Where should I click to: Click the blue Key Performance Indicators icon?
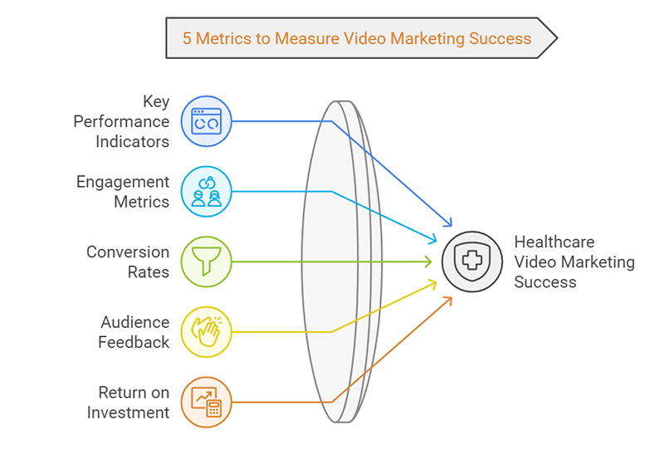[x=206, y=121]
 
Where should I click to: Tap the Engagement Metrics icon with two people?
[x=206, y=192]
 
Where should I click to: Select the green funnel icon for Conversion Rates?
[x=206, y=261]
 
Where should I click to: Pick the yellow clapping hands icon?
[x=206, y=332]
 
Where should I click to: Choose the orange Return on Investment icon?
[x=206, y=402]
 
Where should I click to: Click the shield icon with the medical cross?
[x=471, y=261]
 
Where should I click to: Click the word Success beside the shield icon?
[x=544, y=282]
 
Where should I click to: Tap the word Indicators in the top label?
[x=132, y=141]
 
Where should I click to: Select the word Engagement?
[x=122, y=182]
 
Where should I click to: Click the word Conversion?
[x=127, y=252]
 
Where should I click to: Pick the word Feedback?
[x=134, y=342]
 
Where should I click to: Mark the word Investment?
[x=128, y=412]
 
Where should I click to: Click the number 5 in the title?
[x=188, y=38]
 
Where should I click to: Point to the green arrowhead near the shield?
[x=428, y=261]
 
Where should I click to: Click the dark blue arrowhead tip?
[x=452, y=224]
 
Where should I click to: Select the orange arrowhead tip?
[x=452, y=298]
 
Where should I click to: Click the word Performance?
[x=121, y=121]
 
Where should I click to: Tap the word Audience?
[x=134, y=322]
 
